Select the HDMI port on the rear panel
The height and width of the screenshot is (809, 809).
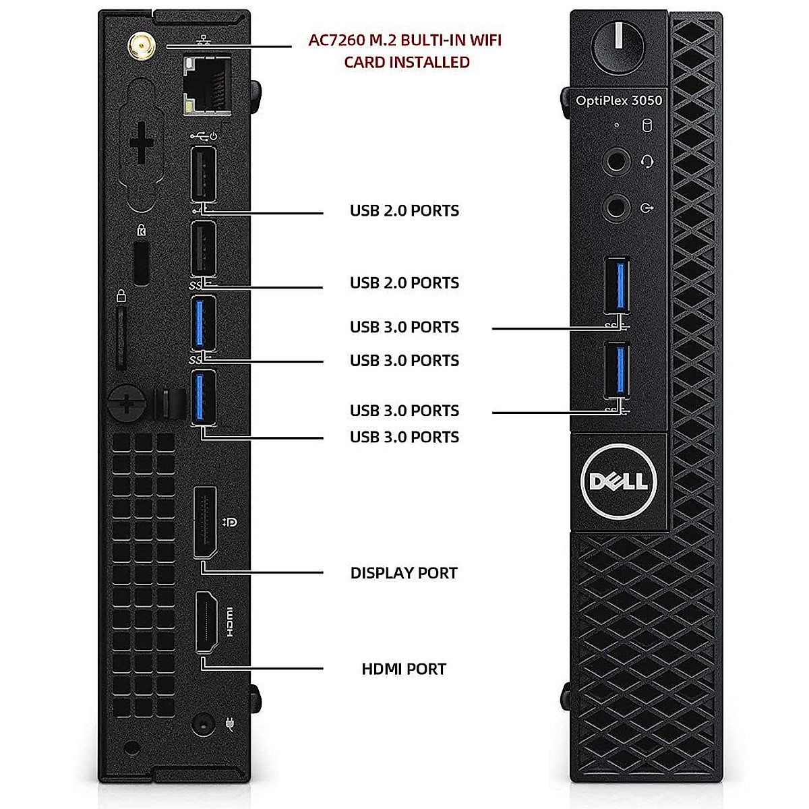pyautogui.click(x=206, y=622)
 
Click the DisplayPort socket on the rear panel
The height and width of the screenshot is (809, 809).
pyautogui.click(x=205, y=522)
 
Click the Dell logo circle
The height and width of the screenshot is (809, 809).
pyautogui.click(x=618, y=481)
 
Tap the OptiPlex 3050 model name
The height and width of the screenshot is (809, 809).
pyautogui.click(x=618, y=100)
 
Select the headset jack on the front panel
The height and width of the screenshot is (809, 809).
pyautogui.click(x=616, y=162)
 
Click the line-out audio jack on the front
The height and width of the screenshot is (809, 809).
pyautogui.click(x=616, y=207)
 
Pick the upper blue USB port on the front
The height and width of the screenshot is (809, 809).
pyautogui.click(x=617, y=285)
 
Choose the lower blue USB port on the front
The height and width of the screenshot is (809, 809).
pyautogui.click(x=617, y=371)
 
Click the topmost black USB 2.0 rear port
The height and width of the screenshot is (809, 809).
pyautogui.click(x=204, y=173)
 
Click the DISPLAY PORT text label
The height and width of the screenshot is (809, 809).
pyautogui.click(x=404, y=573)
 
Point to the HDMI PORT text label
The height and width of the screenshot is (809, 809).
pyautogui.click(x=404, y=669)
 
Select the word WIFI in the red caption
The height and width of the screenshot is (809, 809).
pyautogui.click(x=485, y=40)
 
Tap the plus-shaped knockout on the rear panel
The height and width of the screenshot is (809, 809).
pyautogui.click(x=142, y=144)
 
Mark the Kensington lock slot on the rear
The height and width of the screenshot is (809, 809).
pyautogui.click(x=141, y=263)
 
